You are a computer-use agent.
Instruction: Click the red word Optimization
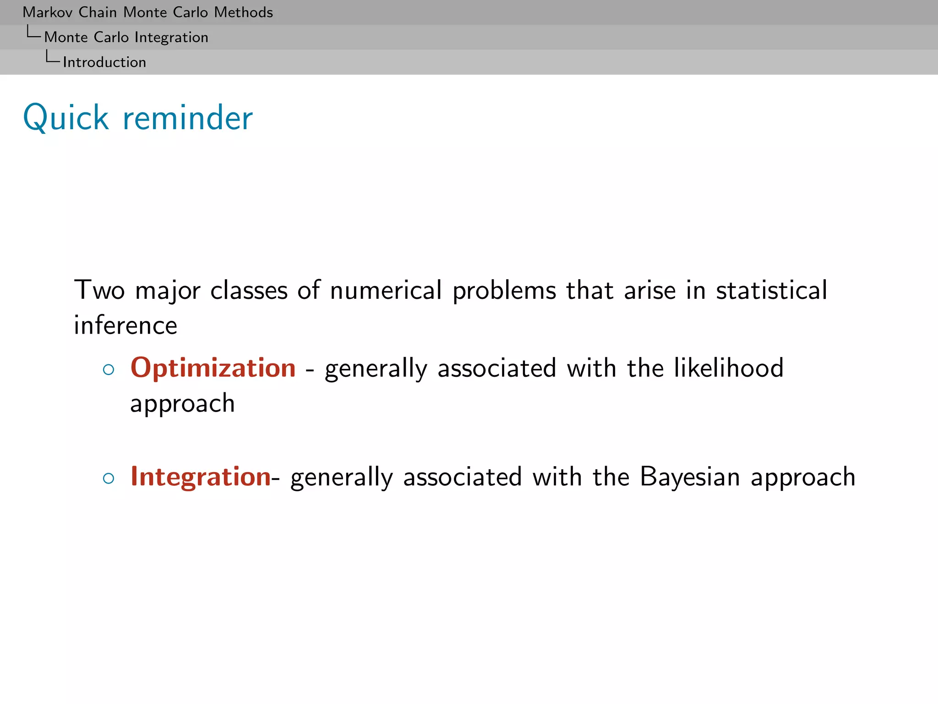click(x=213, y=368)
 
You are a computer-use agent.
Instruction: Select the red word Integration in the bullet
click(x=201, y=477)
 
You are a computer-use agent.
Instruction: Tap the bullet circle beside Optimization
click(x=109, y=370)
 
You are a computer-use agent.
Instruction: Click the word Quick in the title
click(x=66, y=118)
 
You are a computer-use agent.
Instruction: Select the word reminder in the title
click(x=188, y=118)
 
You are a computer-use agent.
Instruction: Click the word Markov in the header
click(x=47, y=12)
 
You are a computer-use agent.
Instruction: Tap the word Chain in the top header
click(x=98, y=12)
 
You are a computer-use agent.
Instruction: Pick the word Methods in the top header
click(x=243, y=12)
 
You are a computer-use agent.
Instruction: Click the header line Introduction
click(x=104, y=62)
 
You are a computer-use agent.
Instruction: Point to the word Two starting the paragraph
click(x=99, y=290)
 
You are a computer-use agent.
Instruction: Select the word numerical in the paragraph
click(x=386, y=290)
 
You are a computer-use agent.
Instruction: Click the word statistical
click(x=771, y=290)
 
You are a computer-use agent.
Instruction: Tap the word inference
click(x=125, y=325)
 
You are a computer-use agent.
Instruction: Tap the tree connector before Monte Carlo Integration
click(x=33, y=33)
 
